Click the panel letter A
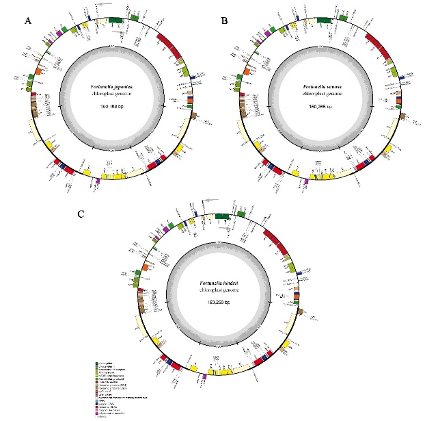tap(28, 22)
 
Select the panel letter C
tap(81, 215)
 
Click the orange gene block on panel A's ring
tap(38, 71)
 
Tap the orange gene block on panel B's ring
tap(245, 71)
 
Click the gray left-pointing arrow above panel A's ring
tap(104, 5)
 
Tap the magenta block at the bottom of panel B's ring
tap(305, 182)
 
